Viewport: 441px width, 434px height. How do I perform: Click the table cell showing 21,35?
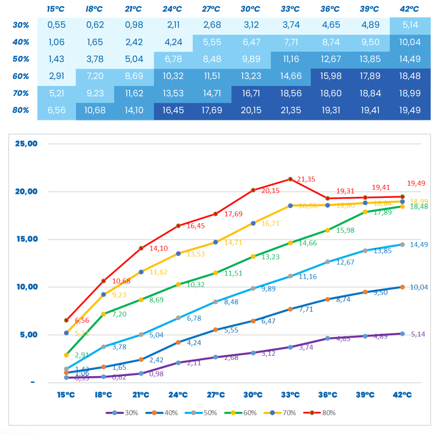point(292,110)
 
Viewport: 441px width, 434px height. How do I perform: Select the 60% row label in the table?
point(21,76)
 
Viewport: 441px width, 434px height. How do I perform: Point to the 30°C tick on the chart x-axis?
point(253,395)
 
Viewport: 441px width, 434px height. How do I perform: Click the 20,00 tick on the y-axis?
point(26,191)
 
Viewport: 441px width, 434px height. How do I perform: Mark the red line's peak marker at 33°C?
point(290,179)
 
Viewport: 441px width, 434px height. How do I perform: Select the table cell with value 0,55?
point(57,25)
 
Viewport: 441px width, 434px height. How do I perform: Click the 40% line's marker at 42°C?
point(402,287)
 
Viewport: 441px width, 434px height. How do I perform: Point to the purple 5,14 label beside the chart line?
point(418,334)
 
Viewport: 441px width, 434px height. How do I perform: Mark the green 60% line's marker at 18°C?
point(104,314)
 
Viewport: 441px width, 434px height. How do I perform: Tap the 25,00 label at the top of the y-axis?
point(26,144)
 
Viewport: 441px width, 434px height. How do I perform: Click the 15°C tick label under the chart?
point(66,395)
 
